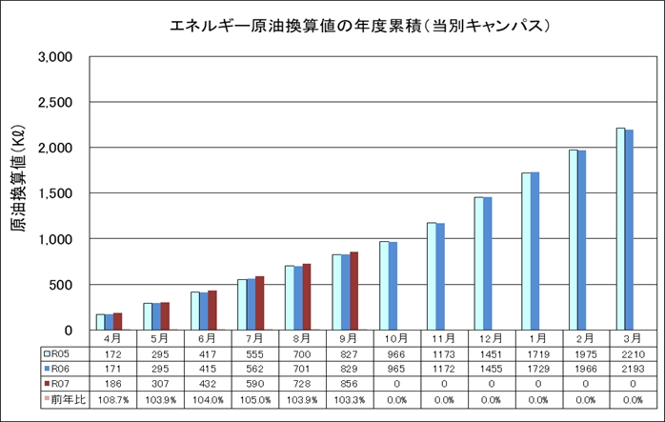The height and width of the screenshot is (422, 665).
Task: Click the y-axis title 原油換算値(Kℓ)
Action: pyautogui.click(x=18, y=193)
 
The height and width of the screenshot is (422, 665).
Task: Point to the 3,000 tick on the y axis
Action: pyautogui.click(x=54, y=57)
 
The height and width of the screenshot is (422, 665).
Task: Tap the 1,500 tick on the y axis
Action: pyautogui.click(x=54, y=193)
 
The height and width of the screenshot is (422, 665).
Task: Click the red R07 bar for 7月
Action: pyautogui.click(x=260, y=303)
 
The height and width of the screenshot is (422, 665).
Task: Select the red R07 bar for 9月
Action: pyautogui.click(x=354, y=291)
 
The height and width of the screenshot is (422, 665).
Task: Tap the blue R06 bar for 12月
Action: pyautogui.click(x=488, y=263)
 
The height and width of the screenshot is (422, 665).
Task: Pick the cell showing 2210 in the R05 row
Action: pyautogui.click(x=632, y=352)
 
